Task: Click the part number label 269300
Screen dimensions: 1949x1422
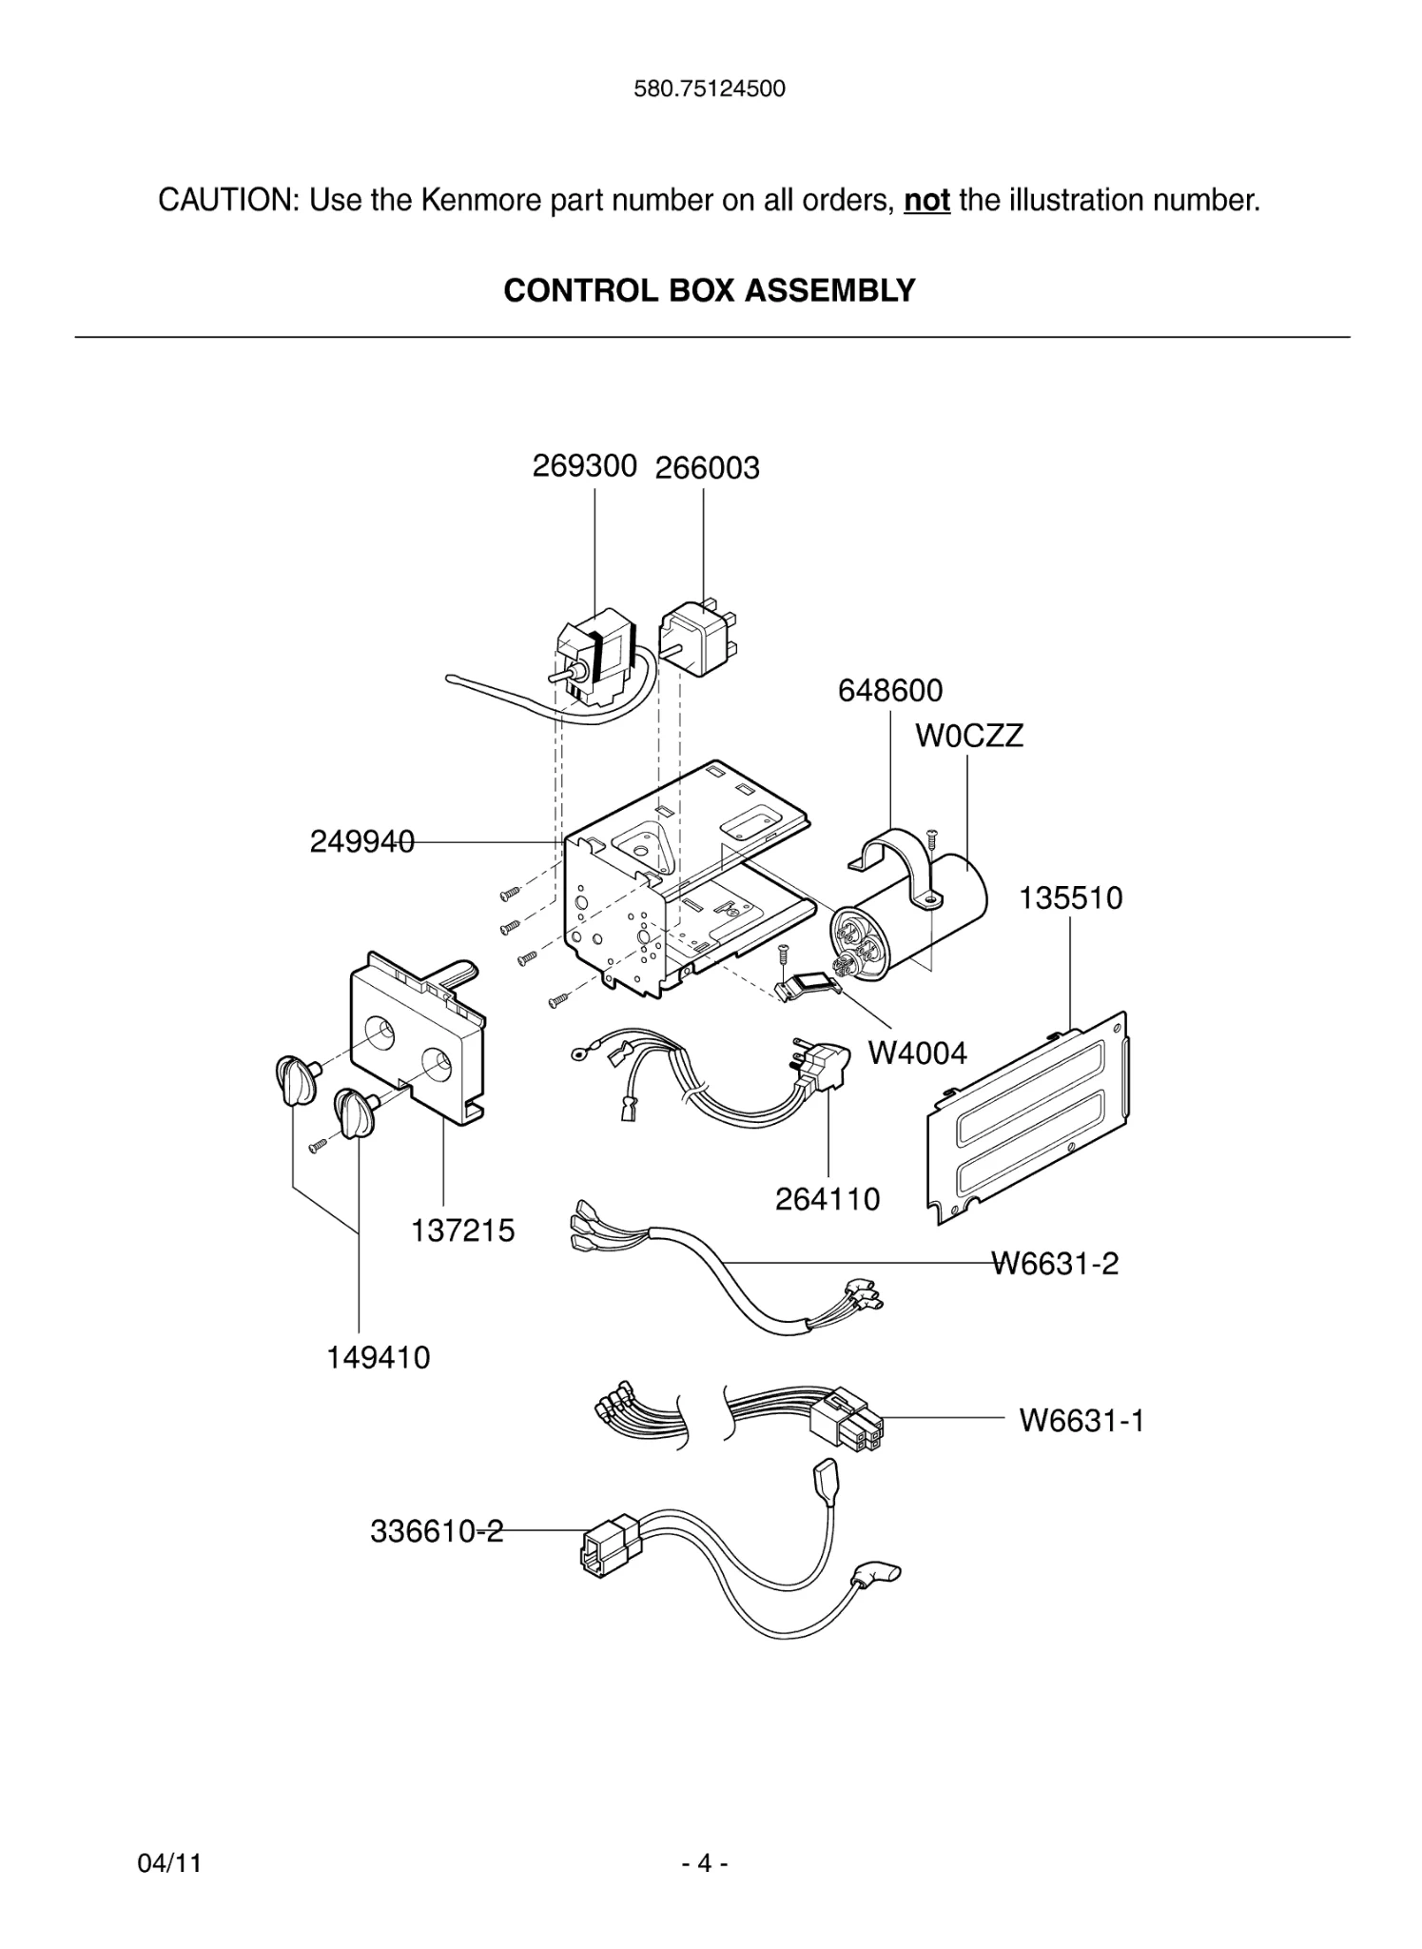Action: coord(584,466)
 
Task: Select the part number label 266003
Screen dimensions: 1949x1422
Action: coord(707,468)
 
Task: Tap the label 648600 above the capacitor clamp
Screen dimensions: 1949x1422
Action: coord(889,690)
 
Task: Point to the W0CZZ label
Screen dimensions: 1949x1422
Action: coord(969,736)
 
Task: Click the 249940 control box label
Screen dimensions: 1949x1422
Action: coord(361,841)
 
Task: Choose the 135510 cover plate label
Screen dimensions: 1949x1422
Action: coord(1070,897)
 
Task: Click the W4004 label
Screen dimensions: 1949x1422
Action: coord(917,1053)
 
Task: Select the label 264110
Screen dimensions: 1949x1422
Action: coord(828,1199)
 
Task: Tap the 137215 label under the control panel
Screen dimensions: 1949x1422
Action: coord(462,1230)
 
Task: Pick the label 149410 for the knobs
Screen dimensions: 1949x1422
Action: coord(379,1357)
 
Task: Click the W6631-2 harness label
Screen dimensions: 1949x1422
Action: coord(1055,1264)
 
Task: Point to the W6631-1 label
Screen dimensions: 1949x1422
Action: coord(1081,1421)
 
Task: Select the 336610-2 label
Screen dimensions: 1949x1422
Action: coord(436,1531)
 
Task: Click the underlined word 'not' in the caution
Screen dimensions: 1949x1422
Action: coord(926,201)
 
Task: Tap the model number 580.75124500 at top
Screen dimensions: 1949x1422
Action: coord(710,89)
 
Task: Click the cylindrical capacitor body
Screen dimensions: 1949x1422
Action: coord(951,899)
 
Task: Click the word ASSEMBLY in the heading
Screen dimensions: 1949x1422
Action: coord(830,290)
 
